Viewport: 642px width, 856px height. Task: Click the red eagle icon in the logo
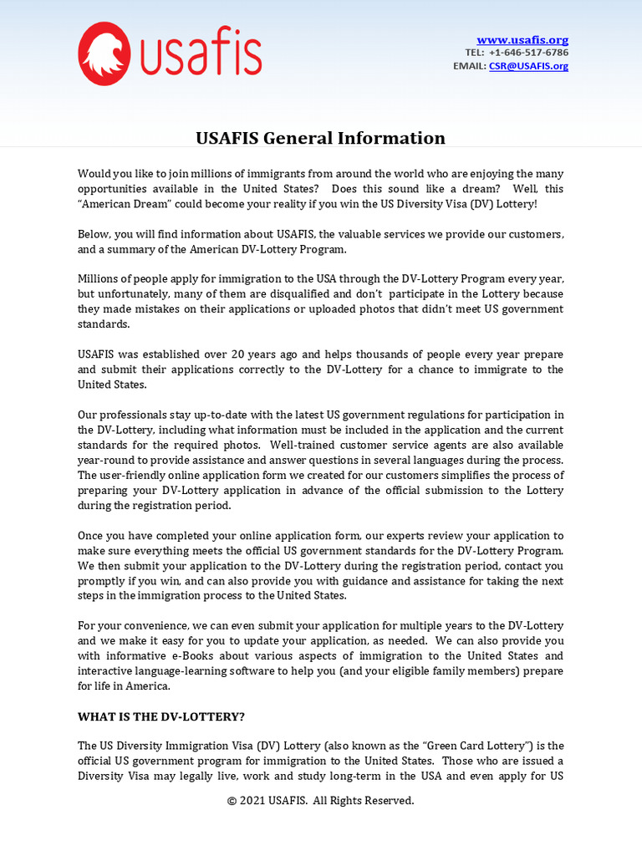coord(104,53)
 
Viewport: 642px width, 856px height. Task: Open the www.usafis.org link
coord(522,40)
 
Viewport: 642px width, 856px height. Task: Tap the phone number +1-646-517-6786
coord(528,53)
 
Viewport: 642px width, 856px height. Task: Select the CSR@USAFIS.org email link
coord(528,66)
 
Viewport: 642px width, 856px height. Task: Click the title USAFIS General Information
coord(320,138)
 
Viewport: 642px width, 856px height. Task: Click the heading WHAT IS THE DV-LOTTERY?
coord(161,717)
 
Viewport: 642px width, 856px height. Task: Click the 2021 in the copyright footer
coord(255,801)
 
